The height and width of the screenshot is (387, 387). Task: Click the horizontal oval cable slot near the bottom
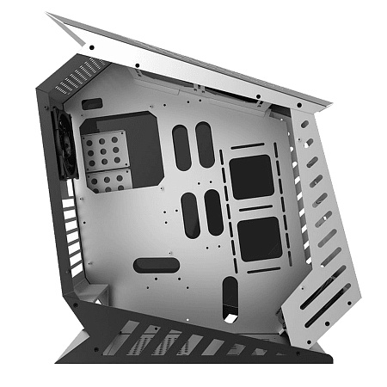pyautogui.click(x=150, y=265)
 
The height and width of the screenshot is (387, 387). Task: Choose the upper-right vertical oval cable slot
pyautogui.click(x=205, y=144)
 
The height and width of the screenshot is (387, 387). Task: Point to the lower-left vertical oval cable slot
pyautogui.click(x=191, y=216)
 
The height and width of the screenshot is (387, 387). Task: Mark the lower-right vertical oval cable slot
pyautogui.click(x=213, y=212)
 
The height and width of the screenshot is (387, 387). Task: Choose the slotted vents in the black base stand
pyautogui.click(x=189, y=341)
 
